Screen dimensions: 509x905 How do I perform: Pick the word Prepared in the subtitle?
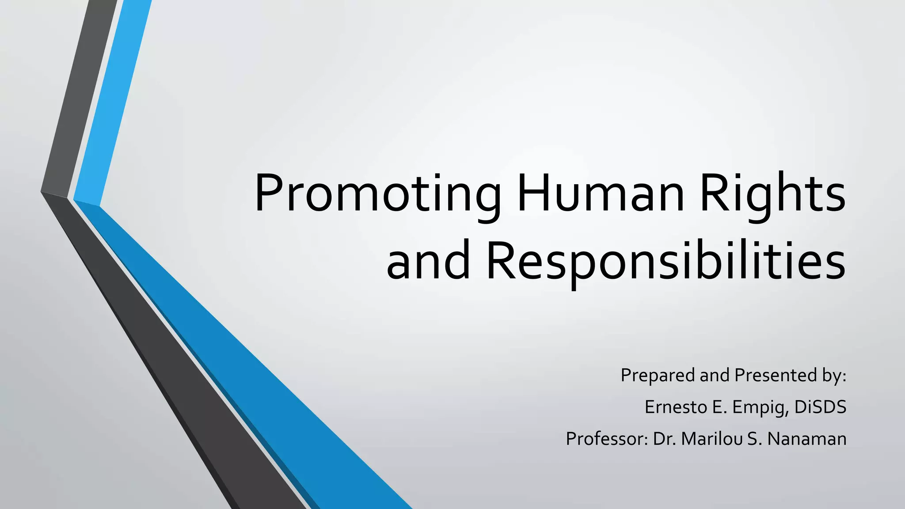658,376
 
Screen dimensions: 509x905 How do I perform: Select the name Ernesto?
676,407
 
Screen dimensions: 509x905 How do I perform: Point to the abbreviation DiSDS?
820,407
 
